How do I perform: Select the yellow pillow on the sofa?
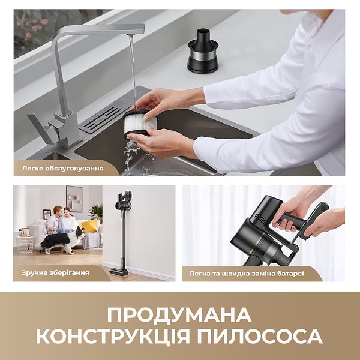[89, 226]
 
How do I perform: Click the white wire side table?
[25, 243]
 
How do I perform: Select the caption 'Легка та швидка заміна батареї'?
[255, 273]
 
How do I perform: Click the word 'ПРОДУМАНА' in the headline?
[179, 314]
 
